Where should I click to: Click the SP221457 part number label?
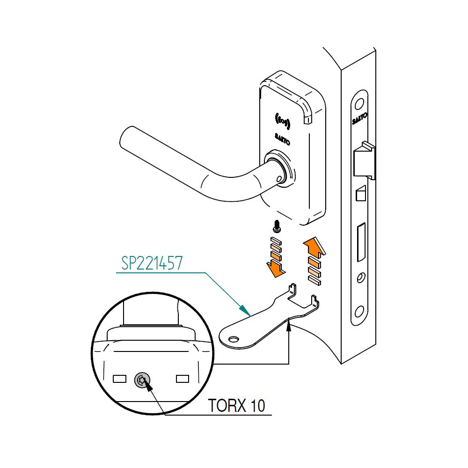coord(152,263)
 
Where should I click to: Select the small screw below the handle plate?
coord(276,227)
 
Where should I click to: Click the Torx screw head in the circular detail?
coord(142,380)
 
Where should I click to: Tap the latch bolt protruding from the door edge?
coord(365,161)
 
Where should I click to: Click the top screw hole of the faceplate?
coord(360,104)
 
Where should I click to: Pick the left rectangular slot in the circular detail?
coord(120,378)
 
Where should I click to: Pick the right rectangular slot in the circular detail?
coord(182,378)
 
